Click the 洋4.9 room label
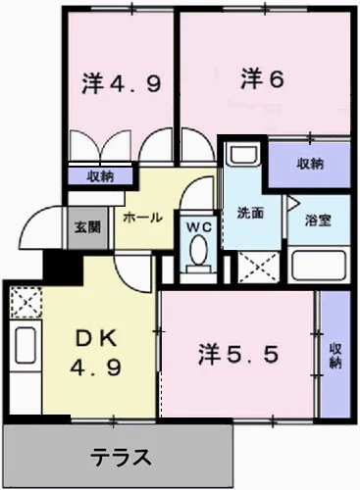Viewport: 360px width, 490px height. tap(122, 84)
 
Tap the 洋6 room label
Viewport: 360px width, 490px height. tap(262, 79)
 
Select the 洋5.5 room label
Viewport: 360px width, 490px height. tap(238, 355)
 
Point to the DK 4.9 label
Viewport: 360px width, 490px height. tap(95, 353)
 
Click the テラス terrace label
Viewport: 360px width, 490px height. tap(121, 457)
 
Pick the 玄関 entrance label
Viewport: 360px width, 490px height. tap(87, 227)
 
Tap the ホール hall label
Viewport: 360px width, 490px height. tap(142, 218)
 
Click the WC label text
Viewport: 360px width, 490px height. tap(199, 227)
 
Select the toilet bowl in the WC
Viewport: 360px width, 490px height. tap(198, 254)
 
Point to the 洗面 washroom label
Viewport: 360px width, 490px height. tap(250, 214)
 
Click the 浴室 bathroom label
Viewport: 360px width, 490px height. tap(318, 220)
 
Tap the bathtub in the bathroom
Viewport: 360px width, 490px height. tap(319, 265)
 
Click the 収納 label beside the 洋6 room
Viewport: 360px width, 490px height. tap(310, 164)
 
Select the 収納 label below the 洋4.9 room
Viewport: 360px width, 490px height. tap(100, 176)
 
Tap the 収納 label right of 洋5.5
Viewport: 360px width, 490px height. tap(335, 356)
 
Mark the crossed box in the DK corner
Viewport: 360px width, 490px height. tap(26, 302)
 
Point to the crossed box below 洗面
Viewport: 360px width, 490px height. tap(259, 268)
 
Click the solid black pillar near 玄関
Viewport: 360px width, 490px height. tap(63, 267)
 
